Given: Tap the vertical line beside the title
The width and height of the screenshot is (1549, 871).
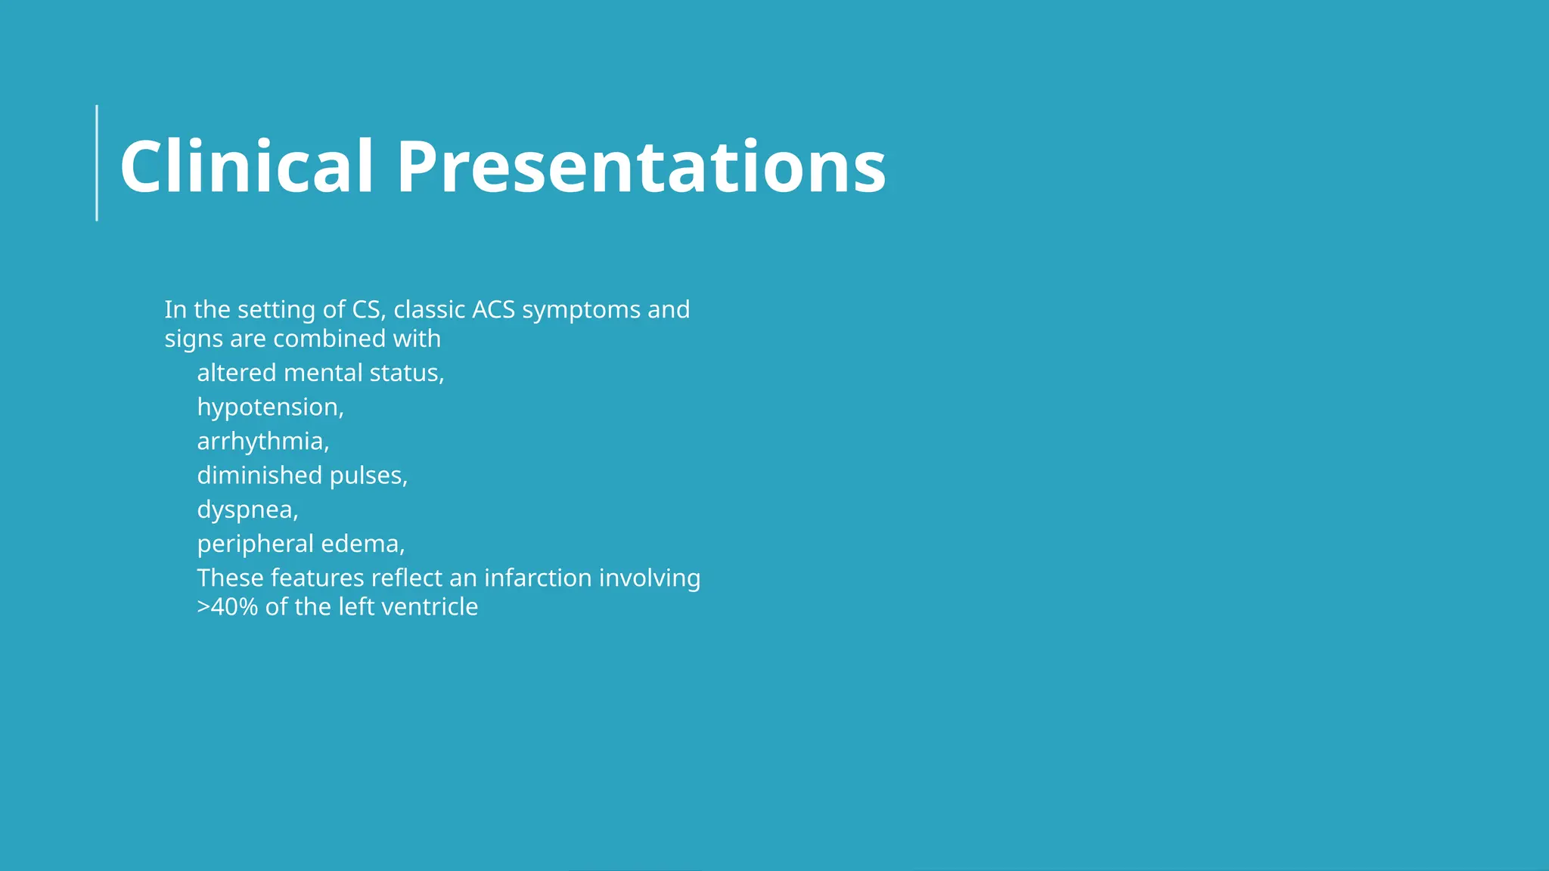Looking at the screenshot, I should coord(97,163).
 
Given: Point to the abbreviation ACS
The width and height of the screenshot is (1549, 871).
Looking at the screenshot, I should coord(493,309).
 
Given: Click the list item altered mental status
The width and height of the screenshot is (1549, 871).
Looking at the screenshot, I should coord(320,373).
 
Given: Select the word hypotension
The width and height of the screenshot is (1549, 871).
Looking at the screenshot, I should coord(269,408).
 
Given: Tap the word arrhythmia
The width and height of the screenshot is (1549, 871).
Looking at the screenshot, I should coord(262,442).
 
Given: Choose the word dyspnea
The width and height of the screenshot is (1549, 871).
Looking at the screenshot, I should coord(247,510).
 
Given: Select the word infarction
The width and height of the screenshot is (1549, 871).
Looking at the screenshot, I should coord(538,578).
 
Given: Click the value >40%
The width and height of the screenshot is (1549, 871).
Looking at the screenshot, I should coord(227,606).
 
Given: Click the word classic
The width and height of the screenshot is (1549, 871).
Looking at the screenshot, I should coord(429,309).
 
